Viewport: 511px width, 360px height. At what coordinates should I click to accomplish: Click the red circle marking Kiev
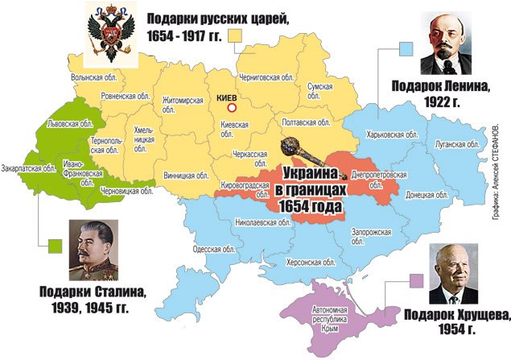click(233, 107)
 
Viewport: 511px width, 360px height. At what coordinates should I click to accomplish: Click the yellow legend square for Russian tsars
click(235, 35)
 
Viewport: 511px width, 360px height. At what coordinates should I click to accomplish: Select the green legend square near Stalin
click(55, 244)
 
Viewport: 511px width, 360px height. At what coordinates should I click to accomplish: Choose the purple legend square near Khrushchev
click(416, 281)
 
